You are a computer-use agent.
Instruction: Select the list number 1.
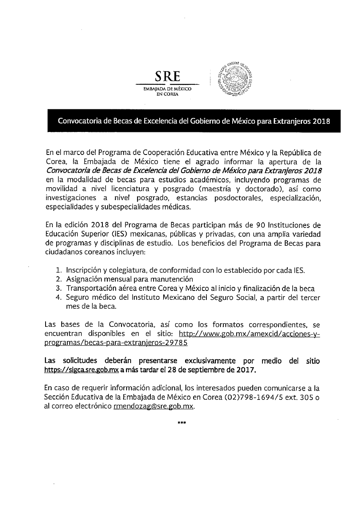tap(58, 269)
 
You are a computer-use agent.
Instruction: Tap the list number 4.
tap(58, 298)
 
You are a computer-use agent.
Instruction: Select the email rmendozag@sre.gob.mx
tap(153, 407)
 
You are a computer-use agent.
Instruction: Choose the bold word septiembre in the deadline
tap(218, 370)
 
